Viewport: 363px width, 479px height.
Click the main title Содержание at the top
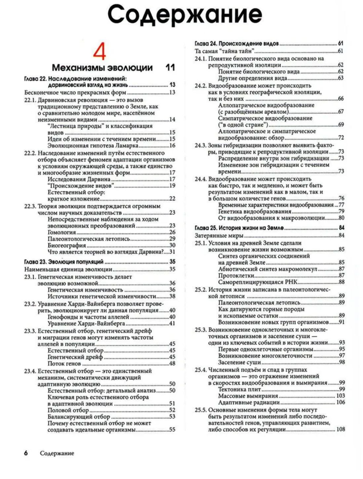(185, 15)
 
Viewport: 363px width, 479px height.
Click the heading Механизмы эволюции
(102, 68)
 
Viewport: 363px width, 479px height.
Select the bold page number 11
(170, 68)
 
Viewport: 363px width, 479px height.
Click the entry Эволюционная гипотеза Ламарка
(93, 146)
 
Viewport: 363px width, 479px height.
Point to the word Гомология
(62, 232)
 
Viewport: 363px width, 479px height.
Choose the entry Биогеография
(67, 245)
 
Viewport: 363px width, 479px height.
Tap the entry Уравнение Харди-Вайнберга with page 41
(86, 323)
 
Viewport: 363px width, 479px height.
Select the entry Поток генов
(64, 363)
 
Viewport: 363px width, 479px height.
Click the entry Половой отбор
(68, 410)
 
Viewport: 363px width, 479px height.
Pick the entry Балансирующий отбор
(79, 417)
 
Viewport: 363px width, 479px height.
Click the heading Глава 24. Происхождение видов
(237, 43)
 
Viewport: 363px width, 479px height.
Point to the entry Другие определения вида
(252, 78)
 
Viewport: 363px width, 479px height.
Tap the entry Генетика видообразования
(255, 212)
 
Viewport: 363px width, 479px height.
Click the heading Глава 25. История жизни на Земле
(239, 228)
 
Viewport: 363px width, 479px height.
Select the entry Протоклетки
(236, 275)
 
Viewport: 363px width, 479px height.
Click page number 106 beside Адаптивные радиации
(340, 403)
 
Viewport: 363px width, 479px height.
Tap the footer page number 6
(26, 453)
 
